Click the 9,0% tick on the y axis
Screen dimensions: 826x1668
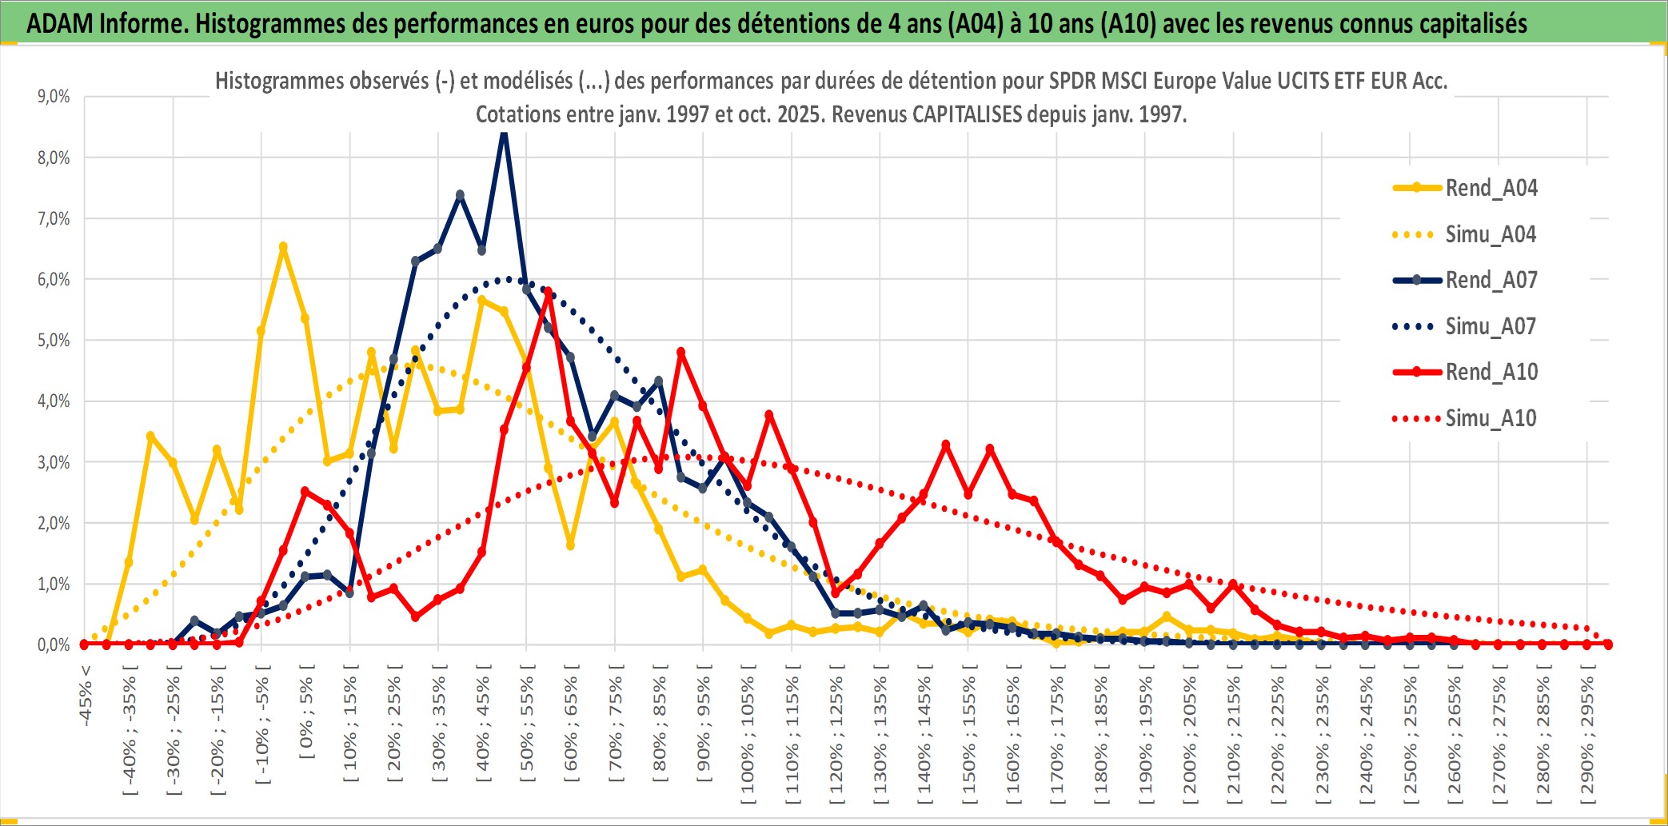pos(54,97)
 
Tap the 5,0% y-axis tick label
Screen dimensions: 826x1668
pos(54,341)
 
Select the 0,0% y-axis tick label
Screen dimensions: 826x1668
pos(54,645)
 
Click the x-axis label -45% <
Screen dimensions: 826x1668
pos(86,696)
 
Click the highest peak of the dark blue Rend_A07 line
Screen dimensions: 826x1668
pos(504,133)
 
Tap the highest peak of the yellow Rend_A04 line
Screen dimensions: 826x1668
pos(283,247)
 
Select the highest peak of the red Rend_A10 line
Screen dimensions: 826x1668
pos(548,293)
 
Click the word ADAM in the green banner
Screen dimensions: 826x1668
pos(59,24)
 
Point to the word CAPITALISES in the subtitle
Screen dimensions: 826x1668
pos(967,114)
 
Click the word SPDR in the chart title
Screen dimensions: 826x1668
pos(1071,81)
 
